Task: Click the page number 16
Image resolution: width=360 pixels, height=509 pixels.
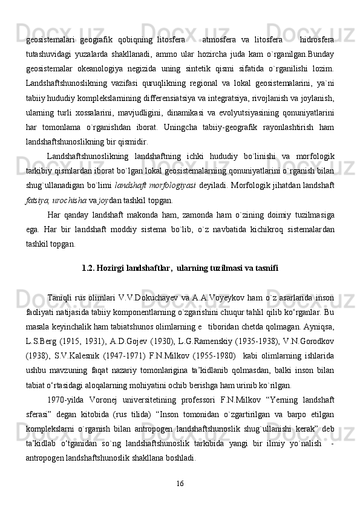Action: [x=180, y=483]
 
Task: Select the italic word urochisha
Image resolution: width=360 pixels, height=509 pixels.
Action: [x=73, y=198]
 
